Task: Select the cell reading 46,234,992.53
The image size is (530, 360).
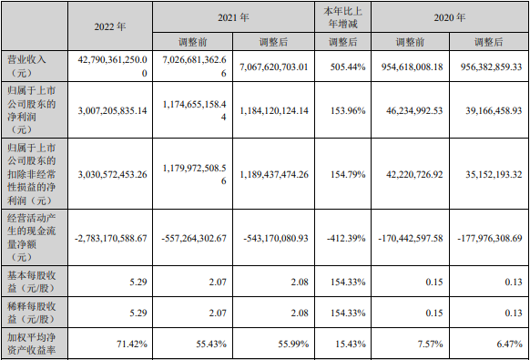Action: [x=410, y=111]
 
